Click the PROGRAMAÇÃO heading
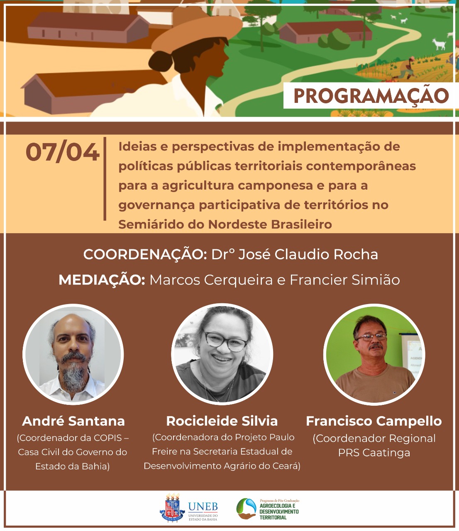tap(371, 96)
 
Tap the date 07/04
tap(63, 152)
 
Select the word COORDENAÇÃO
tap(145, 254)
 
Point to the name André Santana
tap(73, 421)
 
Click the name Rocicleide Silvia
tap(222, 421)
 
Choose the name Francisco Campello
tap(374, 421)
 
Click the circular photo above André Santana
tap(73, 355)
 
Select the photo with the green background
tap(374, 355)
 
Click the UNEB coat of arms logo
tap(172, 508)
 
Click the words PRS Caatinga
tap(374, 453)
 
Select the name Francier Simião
tap(344, 280)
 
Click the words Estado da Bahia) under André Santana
tap(73, 466)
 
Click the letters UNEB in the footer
tap(203, 507)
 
